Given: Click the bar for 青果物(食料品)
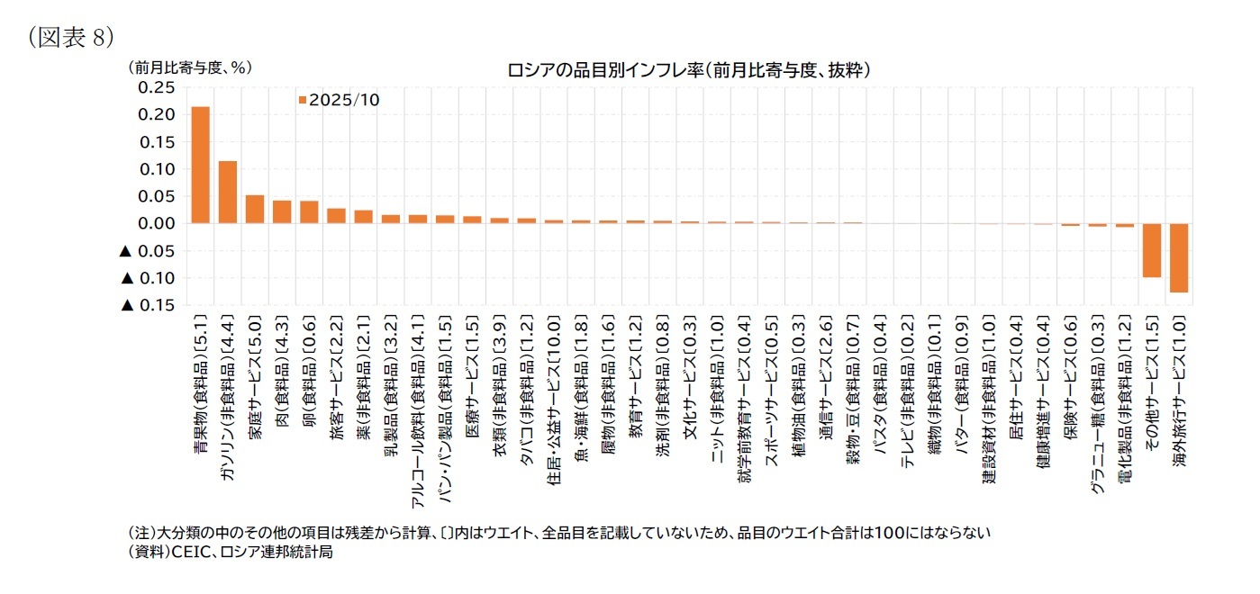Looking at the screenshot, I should [201, 165].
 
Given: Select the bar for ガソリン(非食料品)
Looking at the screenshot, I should [228, 192].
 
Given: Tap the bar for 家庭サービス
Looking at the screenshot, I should [255, 209].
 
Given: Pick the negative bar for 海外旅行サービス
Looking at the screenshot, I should [1178, 257].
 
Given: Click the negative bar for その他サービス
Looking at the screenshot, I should [1151, 250].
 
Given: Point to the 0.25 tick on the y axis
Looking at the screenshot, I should [156, 87].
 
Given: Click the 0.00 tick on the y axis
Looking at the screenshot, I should [156, 223].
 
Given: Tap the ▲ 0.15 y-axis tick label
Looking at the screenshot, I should [149, 305].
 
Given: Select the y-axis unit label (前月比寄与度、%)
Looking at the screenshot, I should [188, 67].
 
